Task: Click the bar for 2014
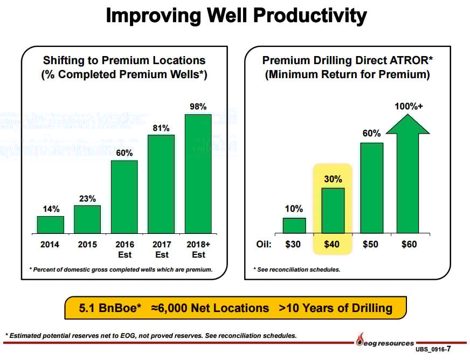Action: tap(51, 225)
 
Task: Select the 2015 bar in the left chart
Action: tap(87, 219)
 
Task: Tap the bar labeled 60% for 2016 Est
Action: tap(125, 197)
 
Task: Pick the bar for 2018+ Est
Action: tap(198, 174)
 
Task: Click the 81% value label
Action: tap(161, 128)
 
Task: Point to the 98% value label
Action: tap(198, 107)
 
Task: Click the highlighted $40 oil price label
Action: tap(332, 244)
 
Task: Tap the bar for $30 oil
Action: tap(294, 225)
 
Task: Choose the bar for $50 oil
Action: tap(371, 188)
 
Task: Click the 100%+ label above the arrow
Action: tap(409, 107)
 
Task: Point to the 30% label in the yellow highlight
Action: tap(333, 178)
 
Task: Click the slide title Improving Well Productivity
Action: tap(236, 16)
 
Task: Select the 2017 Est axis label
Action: tap(162, 249)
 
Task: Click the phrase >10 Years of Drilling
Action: tap(335, 308)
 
